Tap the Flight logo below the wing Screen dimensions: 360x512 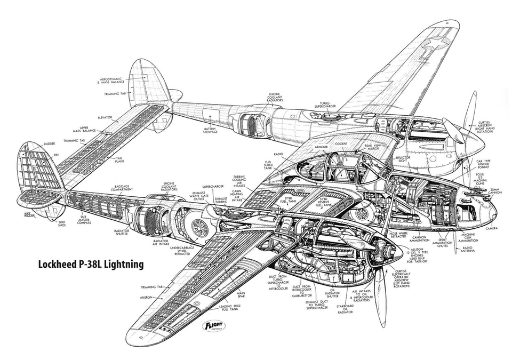(x=213, y=325)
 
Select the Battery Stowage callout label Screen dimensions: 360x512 (x=212, y=131)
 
